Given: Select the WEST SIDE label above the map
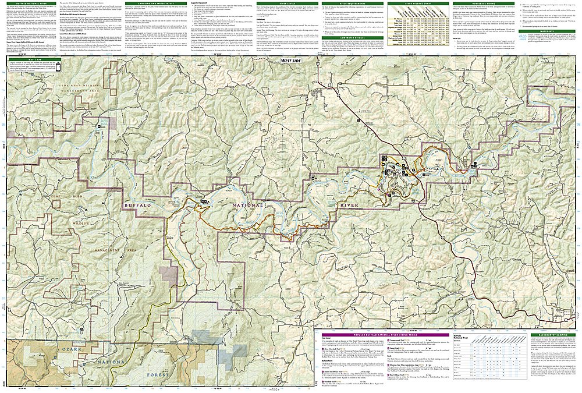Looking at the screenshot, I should click(291, 59).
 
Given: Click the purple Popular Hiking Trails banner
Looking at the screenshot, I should click(384, 335).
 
